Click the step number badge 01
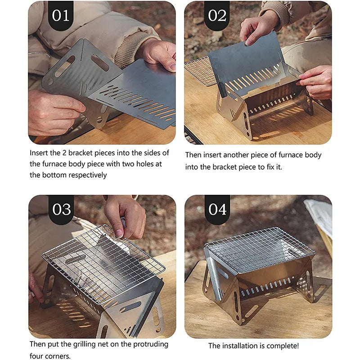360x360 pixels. (60, 16)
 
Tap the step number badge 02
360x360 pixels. (217, 16)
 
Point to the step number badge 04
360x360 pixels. (217, 210)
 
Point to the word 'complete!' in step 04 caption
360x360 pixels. (283, 346)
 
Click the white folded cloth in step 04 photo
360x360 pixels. (320, 216)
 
